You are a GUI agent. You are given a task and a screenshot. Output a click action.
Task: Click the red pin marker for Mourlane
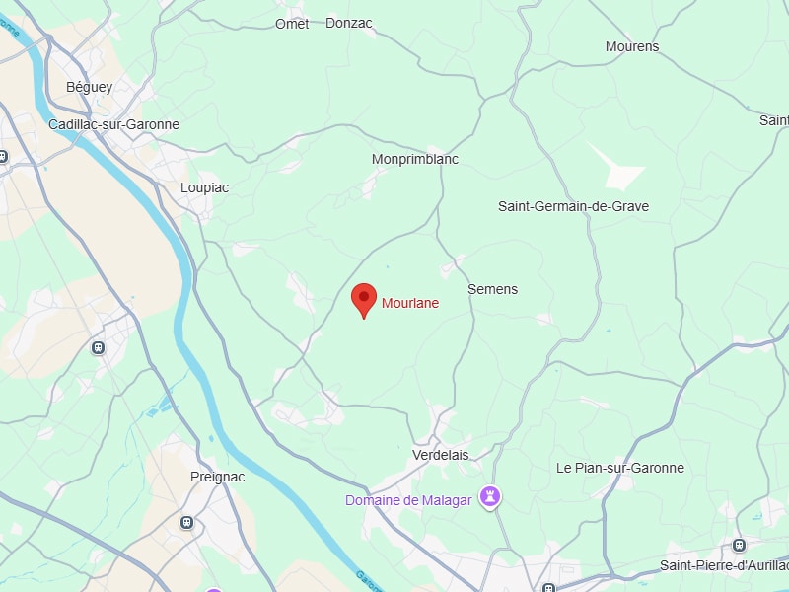[365, 299]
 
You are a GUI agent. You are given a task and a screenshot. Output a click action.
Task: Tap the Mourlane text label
[410, 304]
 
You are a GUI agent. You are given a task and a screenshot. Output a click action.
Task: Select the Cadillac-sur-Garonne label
[114, 125]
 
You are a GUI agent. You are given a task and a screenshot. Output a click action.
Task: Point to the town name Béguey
[90, 87]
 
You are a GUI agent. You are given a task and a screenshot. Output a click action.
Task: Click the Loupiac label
[205, 187]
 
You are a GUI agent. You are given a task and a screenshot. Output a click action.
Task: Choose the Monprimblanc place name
[415, 159]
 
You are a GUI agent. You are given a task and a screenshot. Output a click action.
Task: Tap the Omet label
[292, 24]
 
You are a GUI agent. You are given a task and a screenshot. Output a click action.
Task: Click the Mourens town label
[632, 46]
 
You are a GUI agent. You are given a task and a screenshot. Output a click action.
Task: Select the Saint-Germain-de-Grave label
[573, 207]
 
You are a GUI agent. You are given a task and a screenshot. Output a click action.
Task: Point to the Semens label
[492, 289]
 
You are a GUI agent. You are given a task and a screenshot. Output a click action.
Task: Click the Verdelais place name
[440, 455]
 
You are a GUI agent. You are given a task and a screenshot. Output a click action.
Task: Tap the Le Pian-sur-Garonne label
[619, 468]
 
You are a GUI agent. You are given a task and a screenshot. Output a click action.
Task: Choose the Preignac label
[217, 477]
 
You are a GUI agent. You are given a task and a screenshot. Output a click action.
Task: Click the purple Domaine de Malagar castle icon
[489, 497]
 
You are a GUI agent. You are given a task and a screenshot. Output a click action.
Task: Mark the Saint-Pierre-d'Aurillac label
[723, 565]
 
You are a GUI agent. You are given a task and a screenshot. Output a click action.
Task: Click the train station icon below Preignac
[186, 522]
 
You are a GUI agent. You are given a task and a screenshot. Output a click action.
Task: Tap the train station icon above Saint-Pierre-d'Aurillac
[739, 545]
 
